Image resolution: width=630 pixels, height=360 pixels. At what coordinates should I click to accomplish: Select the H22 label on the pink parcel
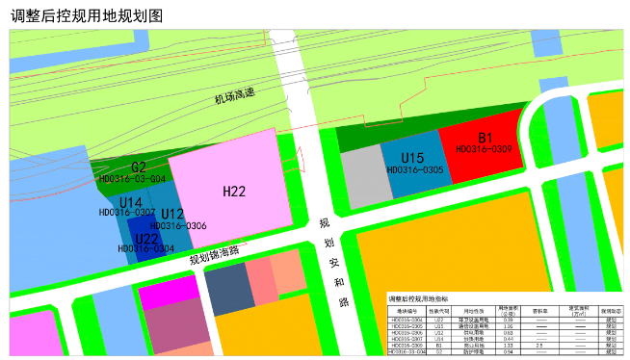pos(234,192)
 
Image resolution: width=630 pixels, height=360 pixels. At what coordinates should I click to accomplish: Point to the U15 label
pos(412,158)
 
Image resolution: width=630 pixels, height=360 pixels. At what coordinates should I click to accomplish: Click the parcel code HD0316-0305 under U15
pos(414,169)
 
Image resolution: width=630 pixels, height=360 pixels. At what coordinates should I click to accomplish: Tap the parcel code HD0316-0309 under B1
pos(484,149)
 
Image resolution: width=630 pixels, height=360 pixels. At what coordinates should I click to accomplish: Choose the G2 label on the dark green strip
pos(139,167)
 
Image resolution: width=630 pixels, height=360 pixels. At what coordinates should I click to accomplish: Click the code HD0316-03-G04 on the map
pos(132,178)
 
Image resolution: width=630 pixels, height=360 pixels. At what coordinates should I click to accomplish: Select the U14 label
pos(131,201)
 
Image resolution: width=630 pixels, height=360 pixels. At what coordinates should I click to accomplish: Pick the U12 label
pos(172,214)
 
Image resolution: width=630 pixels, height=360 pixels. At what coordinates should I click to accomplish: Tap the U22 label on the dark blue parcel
pos(146,238)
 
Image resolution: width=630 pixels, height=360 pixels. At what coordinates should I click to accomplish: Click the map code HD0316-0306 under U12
pos(178,225)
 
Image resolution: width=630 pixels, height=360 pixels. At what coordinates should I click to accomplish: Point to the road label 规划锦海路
pos(213,255)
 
